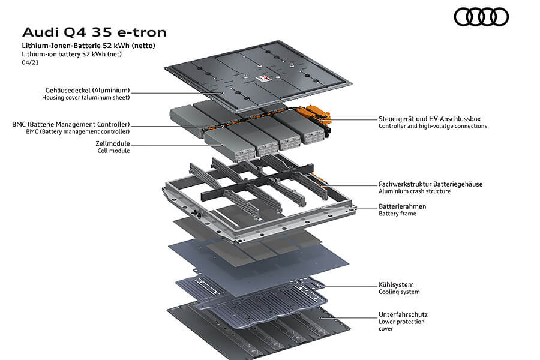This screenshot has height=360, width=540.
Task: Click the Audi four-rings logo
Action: [481, 17]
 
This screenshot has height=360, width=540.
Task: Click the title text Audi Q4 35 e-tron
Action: [94, 32]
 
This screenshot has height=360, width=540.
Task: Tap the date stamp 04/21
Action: [29, 62]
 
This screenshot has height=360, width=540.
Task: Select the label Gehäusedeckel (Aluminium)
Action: [86, 90]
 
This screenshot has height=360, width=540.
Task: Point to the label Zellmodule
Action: [113, 143]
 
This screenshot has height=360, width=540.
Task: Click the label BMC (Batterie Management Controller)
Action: [71, 124]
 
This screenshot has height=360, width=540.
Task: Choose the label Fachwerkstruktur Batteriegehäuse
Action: [431, 184]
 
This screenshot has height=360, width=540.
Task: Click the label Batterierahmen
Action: [403, 206]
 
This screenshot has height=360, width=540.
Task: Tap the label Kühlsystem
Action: [396, 284]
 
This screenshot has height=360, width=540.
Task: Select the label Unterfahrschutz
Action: [403, 314]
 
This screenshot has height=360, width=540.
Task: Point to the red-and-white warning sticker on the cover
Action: [262, 79]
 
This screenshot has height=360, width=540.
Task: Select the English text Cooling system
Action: [399, 292]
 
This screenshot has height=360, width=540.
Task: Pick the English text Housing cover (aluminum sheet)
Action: [86, 97]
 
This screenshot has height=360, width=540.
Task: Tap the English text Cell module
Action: [113, 151]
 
